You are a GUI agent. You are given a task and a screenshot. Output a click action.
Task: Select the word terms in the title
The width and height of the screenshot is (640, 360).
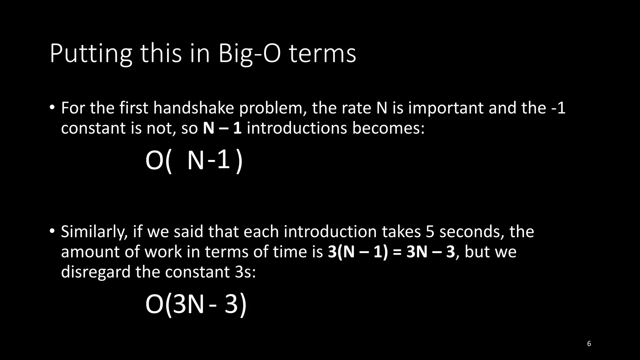[x=322, y=54]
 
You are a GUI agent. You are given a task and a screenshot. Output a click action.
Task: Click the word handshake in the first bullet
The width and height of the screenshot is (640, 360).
[x=194, y=108]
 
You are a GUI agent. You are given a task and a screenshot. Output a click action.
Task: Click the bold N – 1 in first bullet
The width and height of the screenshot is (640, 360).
[x=222, y=128]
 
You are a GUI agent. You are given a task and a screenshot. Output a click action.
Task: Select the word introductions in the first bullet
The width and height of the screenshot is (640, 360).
[x=297, y=128]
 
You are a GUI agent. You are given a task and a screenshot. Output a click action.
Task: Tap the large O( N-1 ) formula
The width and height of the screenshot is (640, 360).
[x=194, y=161]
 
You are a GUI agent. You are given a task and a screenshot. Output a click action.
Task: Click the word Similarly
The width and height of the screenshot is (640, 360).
[x=94, y=232]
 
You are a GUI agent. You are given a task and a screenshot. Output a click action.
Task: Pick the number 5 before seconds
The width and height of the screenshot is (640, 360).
[x=430, y=232]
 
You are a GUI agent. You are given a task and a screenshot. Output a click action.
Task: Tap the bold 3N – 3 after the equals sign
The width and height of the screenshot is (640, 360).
[x=431, y=252]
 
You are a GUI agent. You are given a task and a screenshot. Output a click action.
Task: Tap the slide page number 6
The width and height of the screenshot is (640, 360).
[x=589, y=344]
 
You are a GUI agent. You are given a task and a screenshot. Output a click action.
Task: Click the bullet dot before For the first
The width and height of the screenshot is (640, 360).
[x=52, y=107]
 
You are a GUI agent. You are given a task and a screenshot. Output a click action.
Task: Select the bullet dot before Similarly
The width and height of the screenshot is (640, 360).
[x=52, y=231]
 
